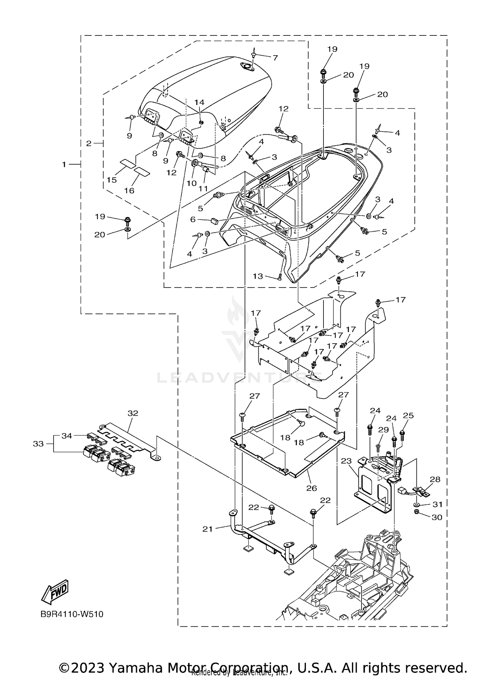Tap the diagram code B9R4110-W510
pos(72,614)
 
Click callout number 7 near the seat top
pos(275,58)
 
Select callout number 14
pos(199,102)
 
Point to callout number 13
pos(258,276)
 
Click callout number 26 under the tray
pos(311,488)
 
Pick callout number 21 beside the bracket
pos(207,529)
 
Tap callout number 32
pos(133,413)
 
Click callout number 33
pos(38,443)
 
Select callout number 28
pos(435,479)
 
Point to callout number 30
pos(437,517)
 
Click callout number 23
pos(346,461)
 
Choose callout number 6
pos(193,219)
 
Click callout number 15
pos(112,180)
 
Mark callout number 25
pos(408,415)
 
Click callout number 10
pos(192,183)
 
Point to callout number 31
pos(437,504)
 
